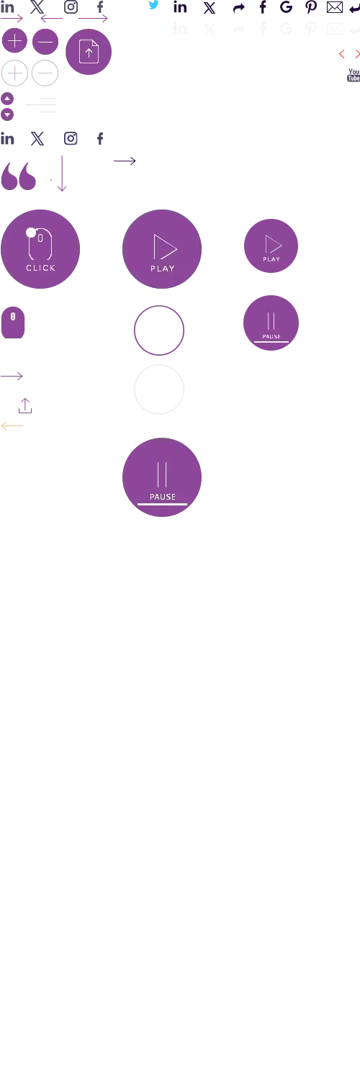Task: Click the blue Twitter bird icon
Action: point(154,5)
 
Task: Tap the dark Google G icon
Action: point(287,7)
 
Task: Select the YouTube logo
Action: point(354,75)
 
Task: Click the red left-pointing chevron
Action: point(342,54)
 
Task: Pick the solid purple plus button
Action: point(14,41)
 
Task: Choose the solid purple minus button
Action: point(45,42)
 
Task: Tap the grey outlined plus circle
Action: point(14,73)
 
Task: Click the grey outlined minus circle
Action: point(45,73)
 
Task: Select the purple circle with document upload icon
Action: point(88,52)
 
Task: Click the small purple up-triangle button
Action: point(7,99)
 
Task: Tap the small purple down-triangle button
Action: point(7,114)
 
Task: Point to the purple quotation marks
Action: point(19,176)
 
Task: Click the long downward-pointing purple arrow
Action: point(62,174)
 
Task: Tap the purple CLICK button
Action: point(40,249)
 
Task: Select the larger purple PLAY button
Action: point(162,249)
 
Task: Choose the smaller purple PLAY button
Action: point(271,246)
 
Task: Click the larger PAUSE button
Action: point(162,477)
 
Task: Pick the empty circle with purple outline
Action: point(159,306)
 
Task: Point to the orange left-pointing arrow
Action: point(12,426)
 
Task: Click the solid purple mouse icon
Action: point(13,323)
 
